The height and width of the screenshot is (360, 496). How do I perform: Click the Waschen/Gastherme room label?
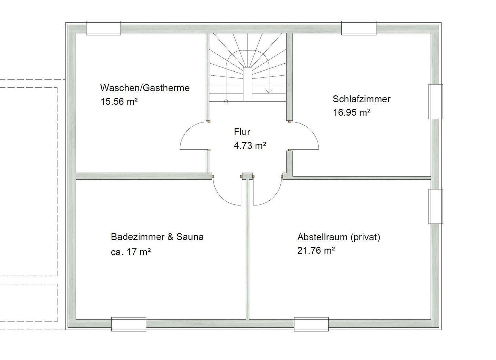point(145,88)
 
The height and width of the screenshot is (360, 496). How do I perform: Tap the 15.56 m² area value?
point(119,102)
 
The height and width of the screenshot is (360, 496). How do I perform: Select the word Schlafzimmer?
point(361,99)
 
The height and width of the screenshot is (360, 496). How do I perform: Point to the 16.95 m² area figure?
point(352,113)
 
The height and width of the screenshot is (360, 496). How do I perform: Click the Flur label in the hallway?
point(242,132)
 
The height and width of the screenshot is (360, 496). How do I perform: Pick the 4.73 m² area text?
point(250,146)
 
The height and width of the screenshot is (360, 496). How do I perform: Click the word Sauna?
point(190,237)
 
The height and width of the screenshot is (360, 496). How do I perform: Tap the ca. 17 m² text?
point(131,252)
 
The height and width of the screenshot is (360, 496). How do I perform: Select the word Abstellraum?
point(322,237)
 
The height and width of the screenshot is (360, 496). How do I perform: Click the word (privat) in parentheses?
point(365,237)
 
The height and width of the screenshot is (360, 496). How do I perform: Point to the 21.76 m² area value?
point(316,251)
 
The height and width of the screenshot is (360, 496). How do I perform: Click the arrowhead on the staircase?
point(269,91)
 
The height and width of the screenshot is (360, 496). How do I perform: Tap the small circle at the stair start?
point(226,101)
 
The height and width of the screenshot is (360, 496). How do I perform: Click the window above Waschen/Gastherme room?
point(103,28)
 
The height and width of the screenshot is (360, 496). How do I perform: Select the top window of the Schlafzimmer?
point(359,28)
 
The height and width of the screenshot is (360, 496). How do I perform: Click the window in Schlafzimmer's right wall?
point(435,101)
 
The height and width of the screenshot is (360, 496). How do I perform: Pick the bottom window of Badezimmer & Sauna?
point(129,324)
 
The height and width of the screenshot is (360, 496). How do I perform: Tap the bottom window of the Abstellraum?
point(311,324)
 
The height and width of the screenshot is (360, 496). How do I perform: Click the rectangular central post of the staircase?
point(248,84)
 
